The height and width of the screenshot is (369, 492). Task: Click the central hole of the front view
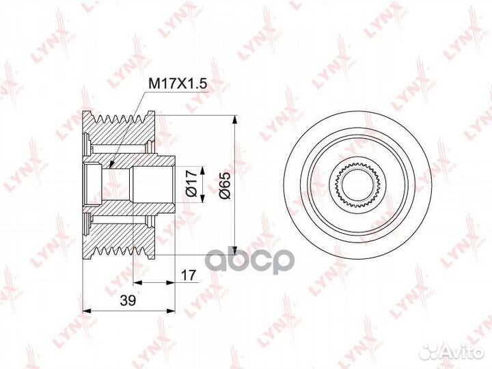[x=358, y=183]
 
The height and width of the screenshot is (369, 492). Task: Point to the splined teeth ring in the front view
[x=358, y=168]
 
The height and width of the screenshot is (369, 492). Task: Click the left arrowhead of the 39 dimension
[x=85, y=310]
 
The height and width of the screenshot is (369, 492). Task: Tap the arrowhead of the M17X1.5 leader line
[x=110, y=164]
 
